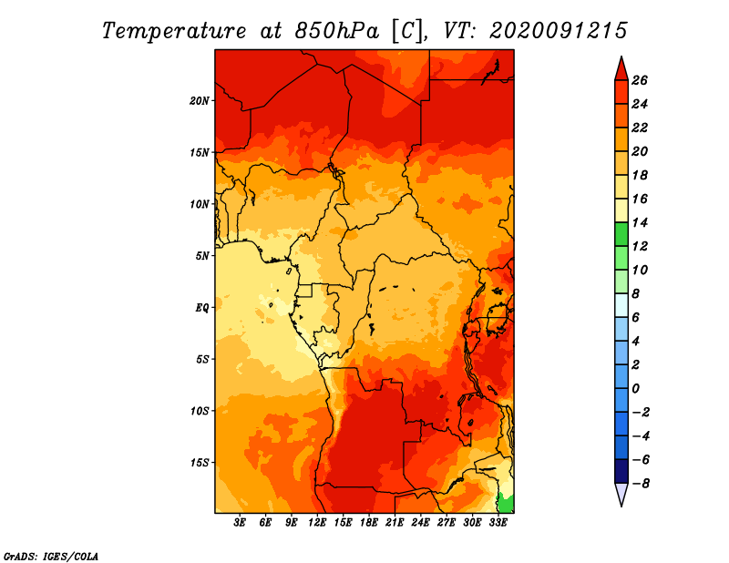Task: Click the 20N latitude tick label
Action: (200, 100)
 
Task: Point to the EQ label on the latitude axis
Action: (202, 307)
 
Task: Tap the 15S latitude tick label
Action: (200, 462)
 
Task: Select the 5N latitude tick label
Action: (202, 256)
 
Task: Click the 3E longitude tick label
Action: (241, 524)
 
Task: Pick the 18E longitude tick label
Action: (369, 524)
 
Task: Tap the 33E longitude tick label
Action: (498, 524)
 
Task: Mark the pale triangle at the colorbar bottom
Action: (621, 495)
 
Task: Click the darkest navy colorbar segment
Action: (621, 472)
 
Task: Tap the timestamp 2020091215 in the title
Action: (558, 30)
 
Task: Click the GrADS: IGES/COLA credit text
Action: (50, 555)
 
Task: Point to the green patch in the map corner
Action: (506, 503)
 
